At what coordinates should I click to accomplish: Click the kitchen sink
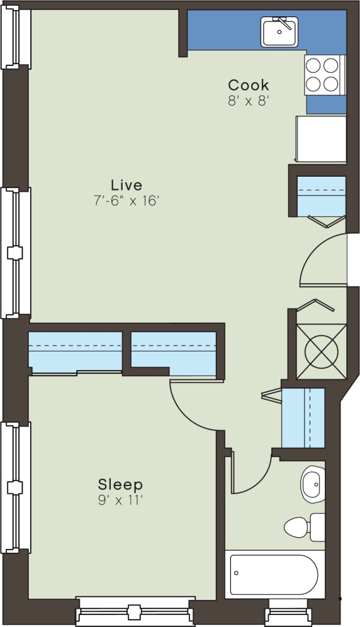coord(280,32)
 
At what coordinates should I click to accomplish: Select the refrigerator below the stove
coord(322,138)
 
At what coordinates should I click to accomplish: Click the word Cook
coord(248,85)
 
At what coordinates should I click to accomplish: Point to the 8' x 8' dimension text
coord(248,101)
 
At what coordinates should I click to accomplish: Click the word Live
coord(126,185)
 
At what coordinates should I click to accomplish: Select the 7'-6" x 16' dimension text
coord(126,201)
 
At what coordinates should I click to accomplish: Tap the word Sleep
coord(120,485)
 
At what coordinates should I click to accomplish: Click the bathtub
coord(274,574)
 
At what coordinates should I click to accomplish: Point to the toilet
coord(303,527)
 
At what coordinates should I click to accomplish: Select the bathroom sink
coord(312,484)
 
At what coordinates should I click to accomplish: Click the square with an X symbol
coord(321,350)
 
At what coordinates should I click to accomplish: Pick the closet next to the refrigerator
coord(321,195)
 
